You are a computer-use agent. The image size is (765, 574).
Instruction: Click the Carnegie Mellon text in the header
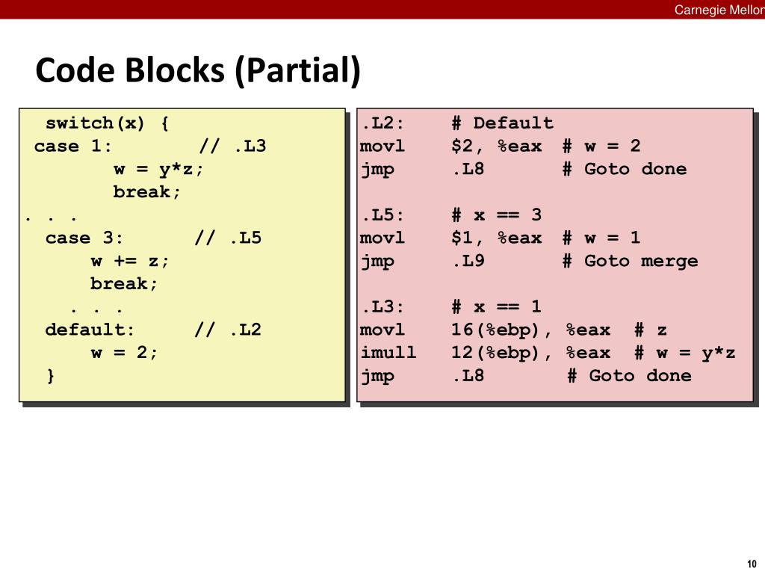(719, 9)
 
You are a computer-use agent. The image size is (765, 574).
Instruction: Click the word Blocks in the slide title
(174, 71)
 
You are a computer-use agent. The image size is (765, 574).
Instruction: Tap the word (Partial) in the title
(297, 71)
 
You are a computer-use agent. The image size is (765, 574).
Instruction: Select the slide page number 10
(751, 564)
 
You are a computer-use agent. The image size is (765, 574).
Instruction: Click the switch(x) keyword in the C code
(96, 123)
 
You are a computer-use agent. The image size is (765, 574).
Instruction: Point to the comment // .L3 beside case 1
(232, 146)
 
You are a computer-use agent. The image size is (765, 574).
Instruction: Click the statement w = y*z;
(158, 169)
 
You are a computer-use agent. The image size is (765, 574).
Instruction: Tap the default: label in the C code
(90, 330)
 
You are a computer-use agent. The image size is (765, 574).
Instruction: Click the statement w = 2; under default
(125, 353)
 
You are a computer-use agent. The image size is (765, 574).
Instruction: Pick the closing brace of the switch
(51, 376)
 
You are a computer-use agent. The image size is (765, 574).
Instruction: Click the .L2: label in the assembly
(382, 123)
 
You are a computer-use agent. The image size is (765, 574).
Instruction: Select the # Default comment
(502, 123)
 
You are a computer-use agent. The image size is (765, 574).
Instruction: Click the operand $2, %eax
(496, 146)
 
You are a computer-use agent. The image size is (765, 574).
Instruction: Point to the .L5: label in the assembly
(382, 215)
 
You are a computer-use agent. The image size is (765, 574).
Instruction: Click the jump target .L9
(468, 261)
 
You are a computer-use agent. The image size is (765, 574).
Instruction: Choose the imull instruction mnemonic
(388, 353)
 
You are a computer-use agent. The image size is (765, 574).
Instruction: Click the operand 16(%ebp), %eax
(530, 330)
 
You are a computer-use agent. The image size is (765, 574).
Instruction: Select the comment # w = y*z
(684, 353)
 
